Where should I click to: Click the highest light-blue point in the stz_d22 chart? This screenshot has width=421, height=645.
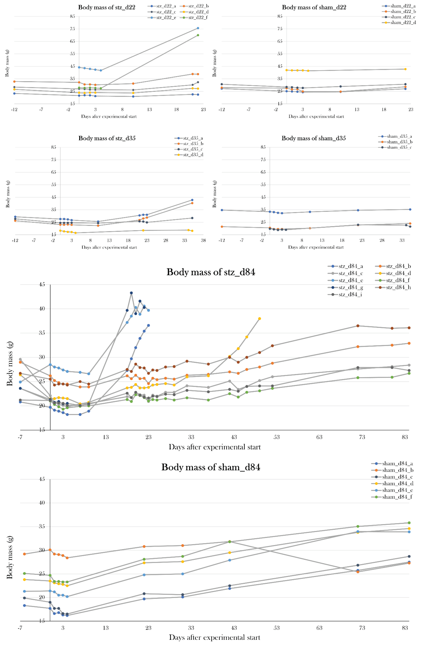coord(198,28)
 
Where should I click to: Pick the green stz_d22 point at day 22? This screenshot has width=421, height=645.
coord(198,35)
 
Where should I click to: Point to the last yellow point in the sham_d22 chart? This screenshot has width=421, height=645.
coord(405,69)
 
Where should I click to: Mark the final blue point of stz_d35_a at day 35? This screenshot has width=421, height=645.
coord(192,200)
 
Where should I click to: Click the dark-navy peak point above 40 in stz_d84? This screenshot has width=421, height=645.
coord(131,293)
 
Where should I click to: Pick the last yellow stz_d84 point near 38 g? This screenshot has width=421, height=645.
coord(259,319)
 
